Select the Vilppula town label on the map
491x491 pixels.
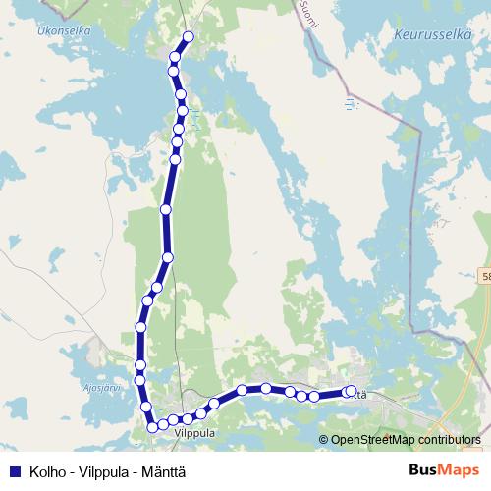[x=193, y=431]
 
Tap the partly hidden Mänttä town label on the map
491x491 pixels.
[x=360, y=394]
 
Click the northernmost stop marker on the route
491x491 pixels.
[x=188, y=38]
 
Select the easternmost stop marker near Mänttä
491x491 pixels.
[x=351, y=392]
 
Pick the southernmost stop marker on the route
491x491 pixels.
[x=153, y=426]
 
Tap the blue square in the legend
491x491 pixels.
[x=14, y=471]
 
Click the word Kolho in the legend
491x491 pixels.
[x=47, y=471]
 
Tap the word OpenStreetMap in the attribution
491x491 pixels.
[x=372, y=440]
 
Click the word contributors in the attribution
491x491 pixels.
[x=449, y=440]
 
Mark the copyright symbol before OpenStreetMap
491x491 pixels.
[x=324, y=440]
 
